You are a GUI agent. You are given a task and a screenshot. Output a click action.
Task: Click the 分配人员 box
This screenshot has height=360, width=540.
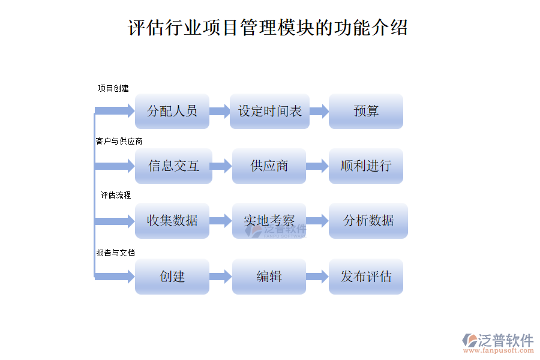click(x=172, y=111)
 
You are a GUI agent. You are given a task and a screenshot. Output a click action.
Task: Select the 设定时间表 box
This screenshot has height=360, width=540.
click(x=269, y=111)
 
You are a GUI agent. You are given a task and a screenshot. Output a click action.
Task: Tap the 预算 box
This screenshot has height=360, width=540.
click(x=366, y=111)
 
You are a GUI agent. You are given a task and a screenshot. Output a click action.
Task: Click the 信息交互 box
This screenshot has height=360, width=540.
click(x=173, y=166)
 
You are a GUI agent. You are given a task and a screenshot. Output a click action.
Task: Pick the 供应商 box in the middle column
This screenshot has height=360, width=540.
click(x=269, y=166)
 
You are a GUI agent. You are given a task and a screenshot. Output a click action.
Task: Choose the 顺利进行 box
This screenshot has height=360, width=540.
click(x=366, y=166)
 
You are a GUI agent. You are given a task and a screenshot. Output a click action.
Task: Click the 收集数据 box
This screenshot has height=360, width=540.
click(x=172, y=221)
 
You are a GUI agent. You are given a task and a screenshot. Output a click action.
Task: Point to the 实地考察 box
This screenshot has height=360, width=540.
click(x=269, y=221)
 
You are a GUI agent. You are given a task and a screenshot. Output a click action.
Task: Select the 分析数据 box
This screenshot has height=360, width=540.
click(x=368, y=221)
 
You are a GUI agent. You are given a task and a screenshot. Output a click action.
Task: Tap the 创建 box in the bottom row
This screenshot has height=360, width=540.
click(x=172, y=277)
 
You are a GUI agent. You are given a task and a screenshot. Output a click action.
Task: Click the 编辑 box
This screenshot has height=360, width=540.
click(x=269, y=277)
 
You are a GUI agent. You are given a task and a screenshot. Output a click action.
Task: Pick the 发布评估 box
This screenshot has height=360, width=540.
click(x=366, y=277)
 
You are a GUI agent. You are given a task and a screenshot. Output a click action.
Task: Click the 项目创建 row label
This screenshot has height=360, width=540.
click(x=113, y=88)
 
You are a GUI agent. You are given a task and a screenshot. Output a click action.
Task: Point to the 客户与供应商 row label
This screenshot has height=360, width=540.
click(x=119, y=141)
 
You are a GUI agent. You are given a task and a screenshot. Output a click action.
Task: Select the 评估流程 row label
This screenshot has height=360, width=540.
click(x=116, y=195)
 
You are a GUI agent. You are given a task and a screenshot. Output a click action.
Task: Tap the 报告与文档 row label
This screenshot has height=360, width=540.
click(x=116, y=253)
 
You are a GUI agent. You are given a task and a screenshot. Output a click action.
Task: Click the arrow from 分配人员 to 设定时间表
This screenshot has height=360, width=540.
click(x=220, y=111)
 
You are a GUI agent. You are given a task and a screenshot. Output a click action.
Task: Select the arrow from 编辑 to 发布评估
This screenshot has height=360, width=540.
click(x=317, y=277)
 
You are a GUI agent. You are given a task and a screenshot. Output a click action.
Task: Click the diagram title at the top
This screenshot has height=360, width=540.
click(x=268, y=28)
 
